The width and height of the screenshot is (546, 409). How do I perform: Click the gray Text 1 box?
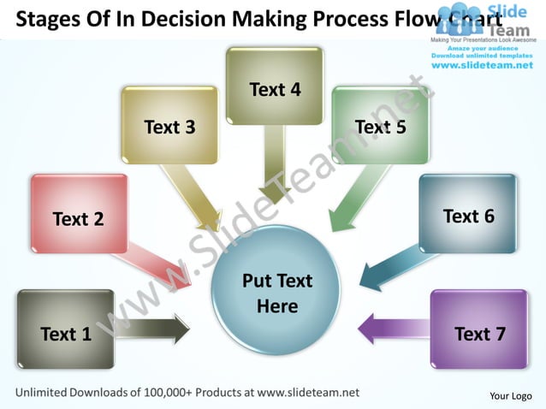(x=65, y=329)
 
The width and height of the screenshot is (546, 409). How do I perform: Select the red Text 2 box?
(x=79, y=214)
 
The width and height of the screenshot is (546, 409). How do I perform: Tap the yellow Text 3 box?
(x=169, y=125)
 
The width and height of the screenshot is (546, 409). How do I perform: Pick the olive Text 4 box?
(x=275, y=86)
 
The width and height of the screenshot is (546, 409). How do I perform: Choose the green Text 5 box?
(x=380, y=125)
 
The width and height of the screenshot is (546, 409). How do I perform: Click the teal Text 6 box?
(x=468, y=214)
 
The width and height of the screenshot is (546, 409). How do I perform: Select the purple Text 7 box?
(x=479, y=329)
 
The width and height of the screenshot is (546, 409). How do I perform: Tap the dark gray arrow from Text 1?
(x=154, y=328)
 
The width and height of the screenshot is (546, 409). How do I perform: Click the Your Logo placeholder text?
(x=510, y=395)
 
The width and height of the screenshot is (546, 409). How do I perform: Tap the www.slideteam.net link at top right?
(x=482, y=65)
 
